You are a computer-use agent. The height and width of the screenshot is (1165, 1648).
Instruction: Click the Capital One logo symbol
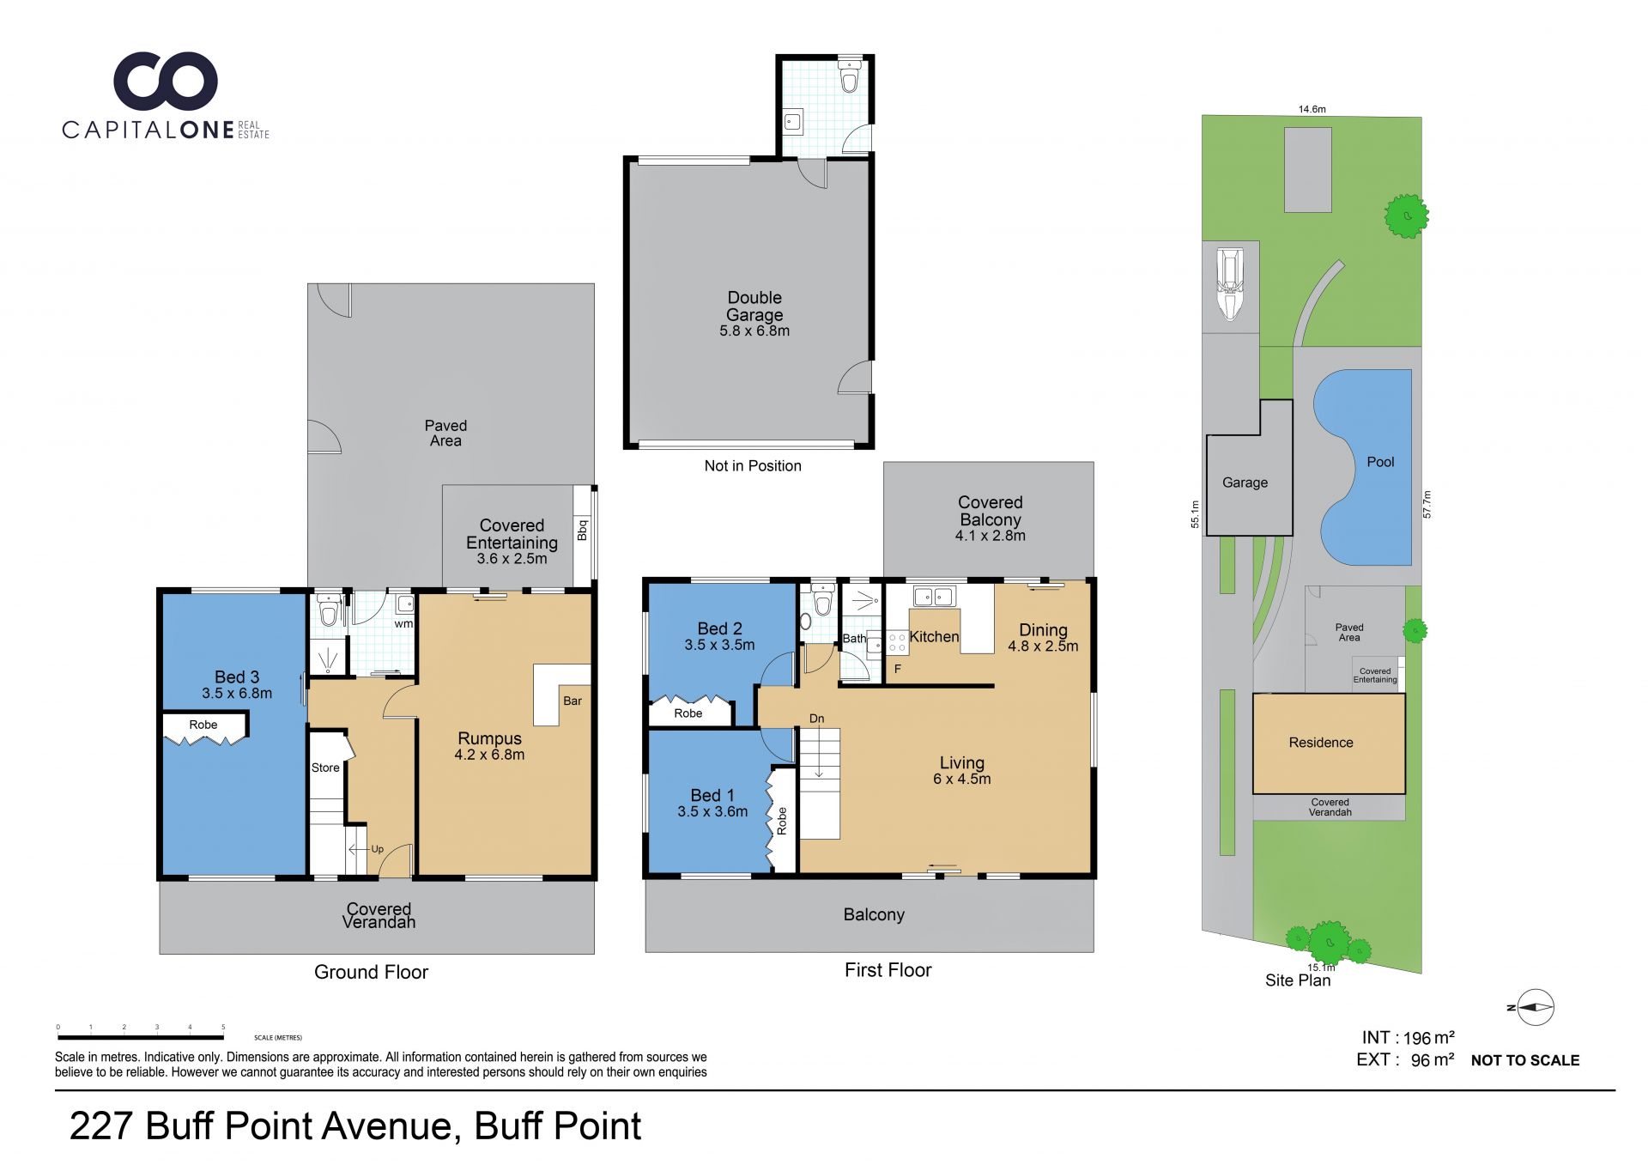point(166,81)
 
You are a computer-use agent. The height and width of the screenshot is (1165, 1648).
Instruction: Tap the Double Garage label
point(754,306)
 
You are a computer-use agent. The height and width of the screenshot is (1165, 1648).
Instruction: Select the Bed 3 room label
point(237,677)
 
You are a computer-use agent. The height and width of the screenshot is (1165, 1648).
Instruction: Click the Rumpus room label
point(489,738)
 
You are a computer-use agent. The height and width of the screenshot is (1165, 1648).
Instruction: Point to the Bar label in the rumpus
point(573,701)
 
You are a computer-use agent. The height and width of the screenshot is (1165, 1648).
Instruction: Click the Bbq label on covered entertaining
point(583,530)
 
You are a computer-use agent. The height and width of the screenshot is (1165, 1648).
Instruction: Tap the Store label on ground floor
point(325,768)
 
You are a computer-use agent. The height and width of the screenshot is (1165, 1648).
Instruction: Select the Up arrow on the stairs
point(366,849)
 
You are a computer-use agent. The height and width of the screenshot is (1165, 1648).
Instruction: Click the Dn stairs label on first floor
point(816,719)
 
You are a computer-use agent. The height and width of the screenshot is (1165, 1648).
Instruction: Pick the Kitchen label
point(934,636)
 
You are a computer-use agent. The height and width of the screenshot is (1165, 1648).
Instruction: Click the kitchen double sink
point(933,596)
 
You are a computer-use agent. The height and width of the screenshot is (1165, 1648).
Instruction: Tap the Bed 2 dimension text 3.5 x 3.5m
point(719,645)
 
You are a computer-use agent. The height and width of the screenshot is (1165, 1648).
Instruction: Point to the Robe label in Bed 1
point(782,821)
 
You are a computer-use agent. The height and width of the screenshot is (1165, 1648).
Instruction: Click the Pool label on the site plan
point(1380,462)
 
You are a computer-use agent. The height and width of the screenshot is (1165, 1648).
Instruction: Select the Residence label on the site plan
point(1321,743)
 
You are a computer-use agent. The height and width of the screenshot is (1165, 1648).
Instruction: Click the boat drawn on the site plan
point(1230,284)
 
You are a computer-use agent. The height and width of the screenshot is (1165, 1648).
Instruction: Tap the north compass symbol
point(1535,1008)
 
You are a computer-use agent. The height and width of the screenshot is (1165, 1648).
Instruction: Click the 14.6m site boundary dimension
point(1312,109)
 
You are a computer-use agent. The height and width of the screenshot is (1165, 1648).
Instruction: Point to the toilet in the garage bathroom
point(849,76)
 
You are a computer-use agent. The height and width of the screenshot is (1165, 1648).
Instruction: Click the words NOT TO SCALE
point(1525,1060)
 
